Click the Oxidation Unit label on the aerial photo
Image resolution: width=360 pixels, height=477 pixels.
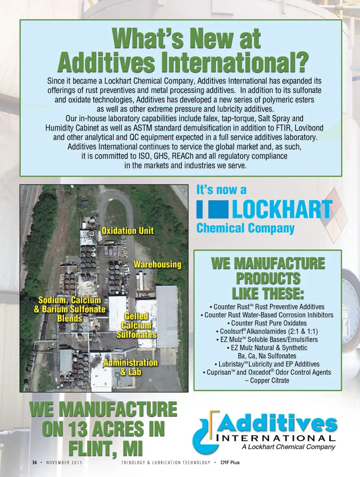127,230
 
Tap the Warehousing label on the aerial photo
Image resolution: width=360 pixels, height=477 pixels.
157,264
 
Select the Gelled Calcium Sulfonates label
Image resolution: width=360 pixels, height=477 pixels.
136,325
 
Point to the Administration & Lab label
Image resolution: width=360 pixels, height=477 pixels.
130,367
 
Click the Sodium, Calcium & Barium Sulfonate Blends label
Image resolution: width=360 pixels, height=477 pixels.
70,309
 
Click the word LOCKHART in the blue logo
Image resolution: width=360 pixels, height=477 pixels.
282,209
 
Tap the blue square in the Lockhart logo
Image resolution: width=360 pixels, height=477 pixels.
218,209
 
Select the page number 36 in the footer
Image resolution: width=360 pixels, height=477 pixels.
34,462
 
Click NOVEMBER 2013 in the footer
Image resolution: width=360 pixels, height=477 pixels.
64,462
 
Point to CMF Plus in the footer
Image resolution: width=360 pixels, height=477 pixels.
230,462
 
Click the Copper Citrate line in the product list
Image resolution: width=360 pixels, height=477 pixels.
269,381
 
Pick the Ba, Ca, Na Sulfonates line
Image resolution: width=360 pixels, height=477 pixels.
267,356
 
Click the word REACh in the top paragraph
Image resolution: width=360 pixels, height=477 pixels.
183,156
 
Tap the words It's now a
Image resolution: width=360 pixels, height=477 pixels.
221,190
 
